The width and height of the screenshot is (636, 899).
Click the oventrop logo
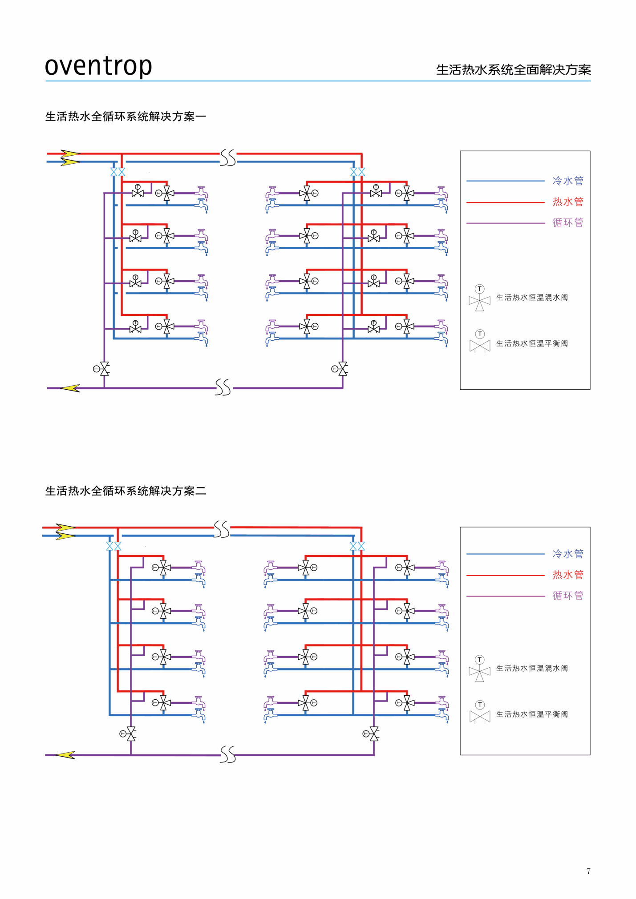tap(98, 66)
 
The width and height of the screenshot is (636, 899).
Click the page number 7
tap(588, 871)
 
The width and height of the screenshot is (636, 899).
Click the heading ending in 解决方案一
tap(126, 117)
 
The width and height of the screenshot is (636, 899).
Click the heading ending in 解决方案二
tap(126, 491)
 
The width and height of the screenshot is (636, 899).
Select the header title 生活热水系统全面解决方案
tap(513, 70)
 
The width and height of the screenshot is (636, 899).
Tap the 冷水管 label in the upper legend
tap(567, 181)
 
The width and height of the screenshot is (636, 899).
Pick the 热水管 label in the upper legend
tap(567, 202)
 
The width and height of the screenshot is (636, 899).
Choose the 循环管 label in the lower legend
tap(567, 596)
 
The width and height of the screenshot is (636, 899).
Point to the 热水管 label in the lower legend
tap(567, 575)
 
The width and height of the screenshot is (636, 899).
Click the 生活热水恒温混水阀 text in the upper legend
tap(532, 298)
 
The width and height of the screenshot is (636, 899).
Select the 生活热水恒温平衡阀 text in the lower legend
tap(532, 714)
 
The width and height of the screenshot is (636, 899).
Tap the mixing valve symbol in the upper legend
tap(479, 298)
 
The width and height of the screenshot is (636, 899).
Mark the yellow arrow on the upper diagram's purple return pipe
tap(70, 388)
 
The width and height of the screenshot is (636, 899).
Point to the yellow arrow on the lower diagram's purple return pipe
tap(65, 755)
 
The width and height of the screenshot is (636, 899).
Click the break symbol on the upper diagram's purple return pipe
tap(223, 387)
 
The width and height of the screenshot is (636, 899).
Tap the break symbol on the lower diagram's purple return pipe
tap(227, 755)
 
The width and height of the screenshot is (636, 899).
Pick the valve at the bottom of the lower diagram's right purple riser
tap(373, 734)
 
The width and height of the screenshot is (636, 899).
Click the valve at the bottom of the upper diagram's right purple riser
tap(342, 369)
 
